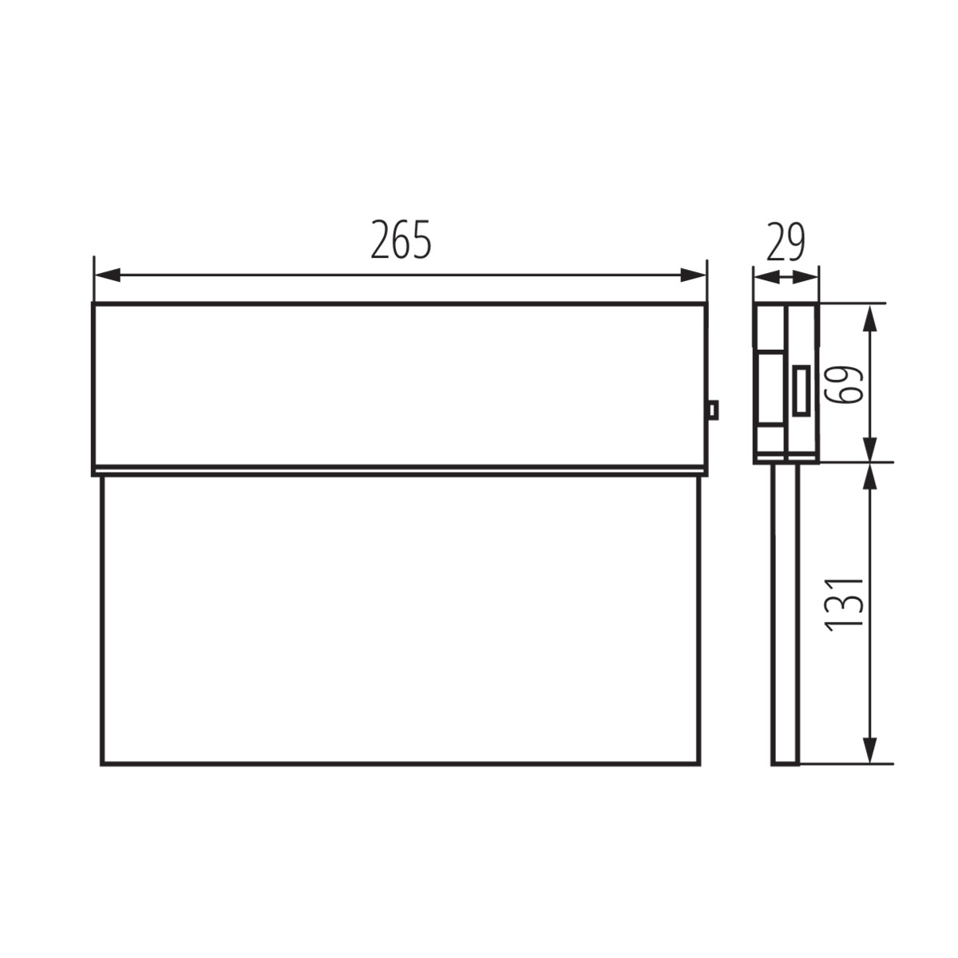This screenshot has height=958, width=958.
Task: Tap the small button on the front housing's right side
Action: click(x=713, y=410)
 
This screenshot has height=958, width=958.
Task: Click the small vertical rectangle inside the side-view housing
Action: click(x=802, y=390)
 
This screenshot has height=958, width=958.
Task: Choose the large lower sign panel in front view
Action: click(x=399, y=620)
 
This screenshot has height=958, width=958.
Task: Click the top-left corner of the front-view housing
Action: click(x=93, y=303)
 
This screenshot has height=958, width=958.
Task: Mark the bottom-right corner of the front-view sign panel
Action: click(x=700, y=765)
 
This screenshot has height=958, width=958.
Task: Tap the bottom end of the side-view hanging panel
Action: click(x=785, y=763)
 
